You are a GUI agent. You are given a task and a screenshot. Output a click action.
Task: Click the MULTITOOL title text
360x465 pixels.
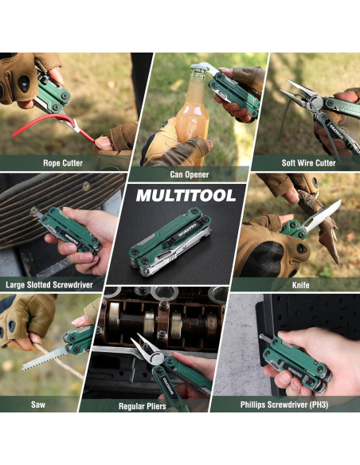(x=185, y=195)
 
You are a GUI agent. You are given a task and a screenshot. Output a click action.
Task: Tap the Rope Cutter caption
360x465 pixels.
(x=62, y=163)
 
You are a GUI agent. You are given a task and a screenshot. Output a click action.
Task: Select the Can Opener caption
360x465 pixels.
(x=188, y=174)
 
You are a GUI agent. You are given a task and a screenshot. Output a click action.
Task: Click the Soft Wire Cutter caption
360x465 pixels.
(x=308, y=163)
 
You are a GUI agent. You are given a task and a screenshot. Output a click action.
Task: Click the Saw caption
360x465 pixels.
(x=38, y=404)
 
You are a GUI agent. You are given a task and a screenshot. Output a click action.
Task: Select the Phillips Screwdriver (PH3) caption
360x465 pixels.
(x=284, y=404)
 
